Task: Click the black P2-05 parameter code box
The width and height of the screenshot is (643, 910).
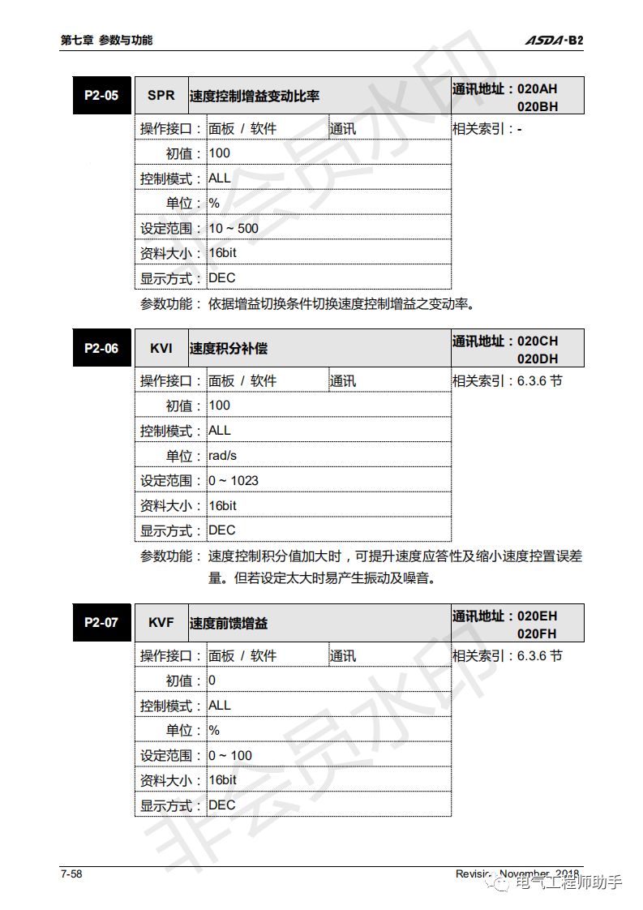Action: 101,96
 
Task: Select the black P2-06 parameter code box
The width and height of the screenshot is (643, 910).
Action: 101,349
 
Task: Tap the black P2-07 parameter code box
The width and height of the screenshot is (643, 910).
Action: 101,623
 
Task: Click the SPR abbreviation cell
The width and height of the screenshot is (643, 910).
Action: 161,96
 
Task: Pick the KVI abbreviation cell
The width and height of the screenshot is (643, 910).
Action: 161,349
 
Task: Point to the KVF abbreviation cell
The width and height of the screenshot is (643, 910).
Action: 161,623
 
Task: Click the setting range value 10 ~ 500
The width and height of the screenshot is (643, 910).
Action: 234,228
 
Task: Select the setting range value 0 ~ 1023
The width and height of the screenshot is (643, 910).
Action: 234,480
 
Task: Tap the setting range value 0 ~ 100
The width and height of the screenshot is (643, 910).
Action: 230,755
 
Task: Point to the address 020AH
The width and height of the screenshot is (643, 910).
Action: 538,88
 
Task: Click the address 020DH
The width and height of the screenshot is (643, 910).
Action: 538,358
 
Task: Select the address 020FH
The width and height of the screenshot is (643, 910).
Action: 538,633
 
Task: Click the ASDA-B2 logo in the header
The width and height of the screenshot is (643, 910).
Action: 554,40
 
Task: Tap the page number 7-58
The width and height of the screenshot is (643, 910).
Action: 71,874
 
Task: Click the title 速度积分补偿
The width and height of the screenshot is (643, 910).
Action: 229,349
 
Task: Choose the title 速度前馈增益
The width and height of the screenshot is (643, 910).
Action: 229,623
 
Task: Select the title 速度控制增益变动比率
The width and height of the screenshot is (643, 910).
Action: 255,96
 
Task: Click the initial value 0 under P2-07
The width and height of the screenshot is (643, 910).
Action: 212,680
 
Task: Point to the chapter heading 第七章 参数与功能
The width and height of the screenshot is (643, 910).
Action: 106,40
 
